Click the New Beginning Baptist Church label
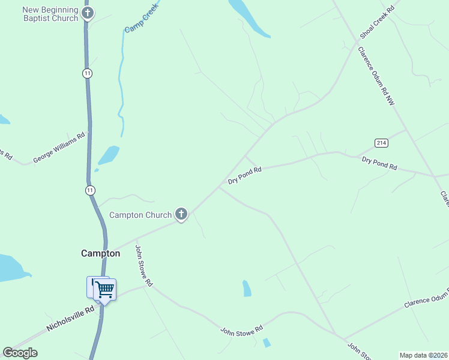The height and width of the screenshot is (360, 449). pyautogui.click(x=50, y=14)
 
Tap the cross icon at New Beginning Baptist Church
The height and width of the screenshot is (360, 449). pyautogui.click(x=88, y=13)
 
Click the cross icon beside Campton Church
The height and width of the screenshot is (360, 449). pyautogui.click(x=181, y=214)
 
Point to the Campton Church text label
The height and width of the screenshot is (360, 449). pyautogui.click(x=140, y=215)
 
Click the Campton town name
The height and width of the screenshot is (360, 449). pyautogui.click(x=100, y=253)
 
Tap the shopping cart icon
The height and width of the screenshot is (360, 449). pyautogui.click(x=105, y=290)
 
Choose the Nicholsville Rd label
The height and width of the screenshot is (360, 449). pyautogui.click(x=71, y=319)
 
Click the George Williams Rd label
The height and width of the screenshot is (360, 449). pyautogui.click(x=59, y=148)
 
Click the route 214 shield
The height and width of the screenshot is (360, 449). pyautogui.click(x=381, y=143)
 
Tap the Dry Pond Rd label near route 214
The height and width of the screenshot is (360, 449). pyautogui.click(x=379, y=163)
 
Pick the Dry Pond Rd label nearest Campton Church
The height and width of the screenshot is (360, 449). pyautogui.click(x=245, y=175)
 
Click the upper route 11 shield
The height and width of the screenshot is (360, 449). pyautogui.click(x=88, y=73)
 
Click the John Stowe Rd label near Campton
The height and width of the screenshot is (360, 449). pyautogui.click(x=144, y=265)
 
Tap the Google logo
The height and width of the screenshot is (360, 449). pyautogui.click(x=20, y=353)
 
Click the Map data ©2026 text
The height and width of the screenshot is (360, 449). pyautogui.click(x=423, y=355)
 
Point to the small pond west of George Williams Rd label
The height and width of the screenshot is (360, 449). pyautogui.click(x=3, y=119)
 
